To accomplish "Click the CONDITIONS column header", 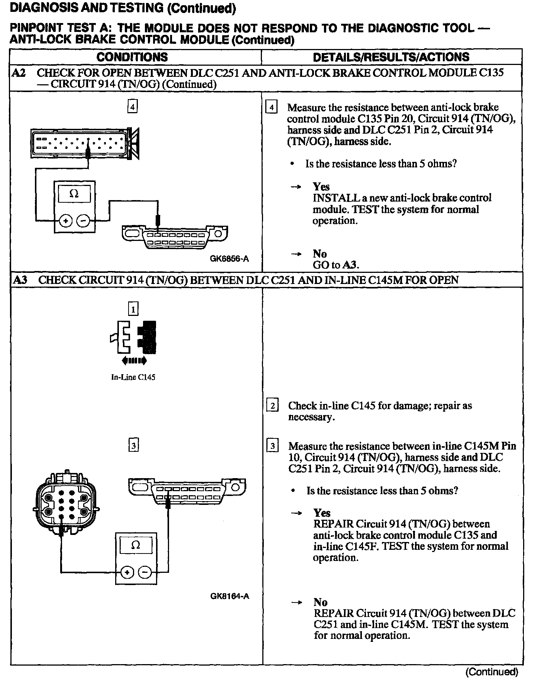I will coord(132,57).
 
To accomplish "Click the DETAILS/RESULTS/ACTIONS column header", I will coord(391,57).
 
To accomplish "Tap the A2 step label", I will coord(19,73).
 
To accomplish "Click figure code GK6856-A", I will coord(229,259).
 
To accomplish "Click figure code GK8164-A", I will coord(229,596).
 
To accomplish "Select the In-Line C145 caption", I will coord(133,377).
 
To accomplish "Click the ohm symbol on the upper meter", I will coord(74,194).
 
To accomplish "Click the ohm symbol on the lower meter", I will coord(136,545).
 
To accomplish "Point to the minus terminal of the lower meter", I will coord(145,572).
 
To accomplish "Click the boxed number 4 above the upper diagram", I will coord(132,107).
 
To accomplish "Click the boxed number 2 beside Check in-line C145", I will coord(272,406).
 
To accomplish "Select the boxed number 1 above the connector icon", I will coord(133,309).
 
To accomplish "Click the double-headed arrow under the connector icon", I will coord(134,360).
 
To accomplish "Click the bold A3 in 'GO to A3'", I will coord(350,265).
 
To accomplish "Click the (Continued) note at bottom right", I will coord(491,671).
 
